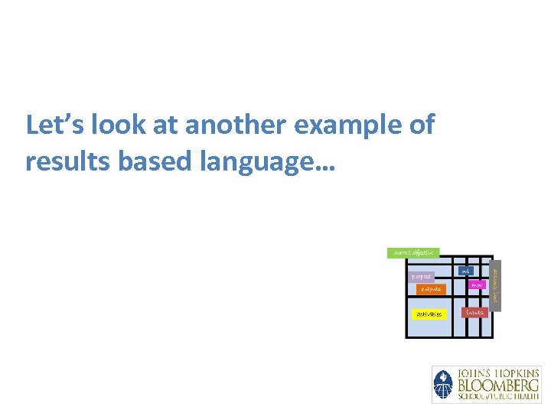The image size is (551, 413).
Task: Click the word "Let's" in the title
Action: [x=50, y=125]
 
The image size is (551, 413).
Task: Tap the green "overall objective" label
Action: [x=413, y=252]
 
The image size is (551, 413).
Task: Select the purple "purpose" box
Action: [x=422, y=276]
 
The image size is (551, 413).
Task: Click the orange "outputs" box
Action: [x=431, y=289]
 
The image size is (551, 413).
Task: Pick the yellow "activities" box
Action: [x=427, y=314]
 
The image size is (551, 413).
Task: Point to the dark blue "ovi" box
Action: [x=465, y=271]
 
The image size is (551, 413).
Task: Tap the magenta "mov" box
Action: [x=477, y=285]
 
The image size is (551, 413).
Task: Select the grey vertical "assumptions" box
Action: [x=497, y=284]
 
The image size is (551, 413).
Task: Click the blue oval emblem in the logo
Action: [x=443, y=385]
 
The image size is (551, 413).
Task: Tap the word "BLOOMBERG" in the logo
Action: [x=498, y=385]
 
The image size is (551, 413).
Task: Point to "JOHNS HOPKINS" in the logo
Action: [x=498, y=372]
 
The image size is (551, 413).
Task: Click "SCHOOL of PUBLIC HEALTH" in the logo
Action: [x=498, y=397]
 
